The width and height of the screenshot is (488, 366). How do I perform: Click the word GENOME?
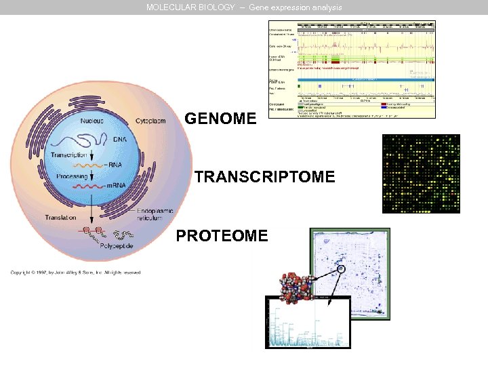(220, 119)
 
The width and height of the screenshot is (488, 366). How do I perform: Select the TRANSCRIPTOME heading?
(264, 178)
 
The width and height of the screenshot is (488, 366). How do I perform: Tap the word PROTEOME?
(222, 235)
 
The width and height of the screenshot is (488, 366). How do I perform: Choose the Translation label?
(60, 218)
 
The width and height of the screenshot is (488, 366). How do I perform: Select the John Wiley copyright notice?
(75, 272)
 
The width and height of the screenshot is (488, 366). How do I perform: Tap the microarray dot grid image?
(421, 174)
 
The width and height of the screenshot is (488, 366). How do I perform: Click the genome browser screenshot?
(352, 69)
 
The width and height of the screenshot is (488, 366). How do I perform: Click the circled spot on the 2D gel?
(340, 269)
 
